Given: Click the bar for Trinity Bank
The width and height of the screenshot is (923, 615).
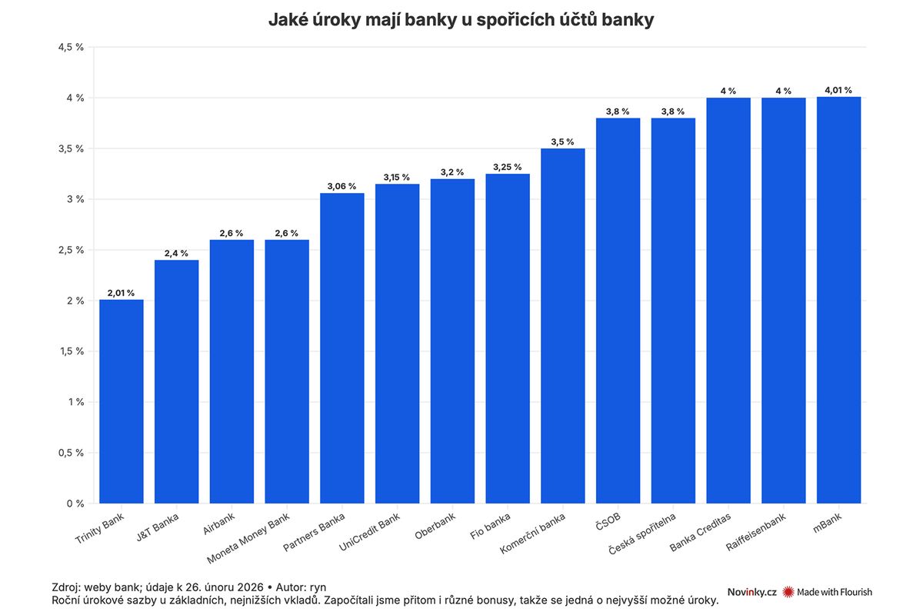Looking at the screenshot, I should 122,401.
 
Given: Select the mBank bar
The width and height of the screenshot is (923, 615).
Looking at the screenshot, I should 838,300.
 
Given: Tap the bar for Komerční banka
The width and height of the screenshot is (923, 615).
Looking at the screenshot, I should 563,326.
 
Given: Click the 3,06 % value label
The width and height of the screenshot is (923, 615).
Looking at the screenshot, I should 342,186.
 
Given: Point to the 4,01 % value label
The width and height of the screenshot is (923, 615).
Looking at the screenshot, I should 838,90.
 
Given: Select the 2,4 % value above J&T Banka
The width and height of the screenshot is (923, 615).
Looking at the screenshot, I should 176,253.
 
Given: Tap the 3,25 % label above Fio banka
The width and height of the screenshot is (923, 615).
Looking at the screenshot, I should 508,167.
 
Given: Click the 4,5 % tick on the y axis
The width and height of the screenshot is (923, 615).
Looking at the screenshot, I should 71,48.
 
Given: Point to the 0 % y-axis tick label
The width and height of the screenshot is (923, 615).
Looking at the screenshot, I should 75,504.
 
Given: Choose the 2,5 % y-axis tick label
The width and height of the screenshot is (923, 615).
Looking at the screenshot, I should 71,250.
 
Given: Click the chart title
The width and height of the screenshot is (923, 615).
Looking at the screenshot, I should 461,20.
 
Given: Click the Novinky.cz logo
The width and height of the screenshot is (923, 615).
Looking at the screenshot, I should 751,592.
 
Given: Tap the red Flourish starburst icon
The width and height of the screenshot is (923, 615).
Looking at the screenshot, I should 788,592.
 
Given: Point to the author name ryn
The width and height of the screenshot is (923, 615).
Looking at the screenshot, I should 318,586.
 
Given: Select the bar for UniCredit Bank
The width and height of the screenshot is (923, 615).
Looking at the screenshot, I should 398,344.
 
